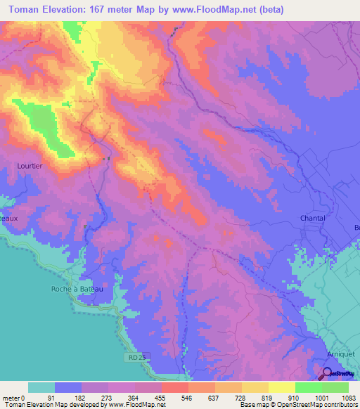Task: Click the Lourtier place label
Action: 30,167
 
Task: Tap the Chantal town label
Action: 313,218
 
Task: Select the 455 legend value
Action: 161,397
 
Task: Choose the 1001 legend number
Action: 321,397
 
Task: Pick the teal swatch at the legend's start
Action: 41,387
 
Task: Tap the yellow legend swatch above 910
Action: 281,387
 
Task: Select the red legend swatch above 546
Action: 174,387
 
